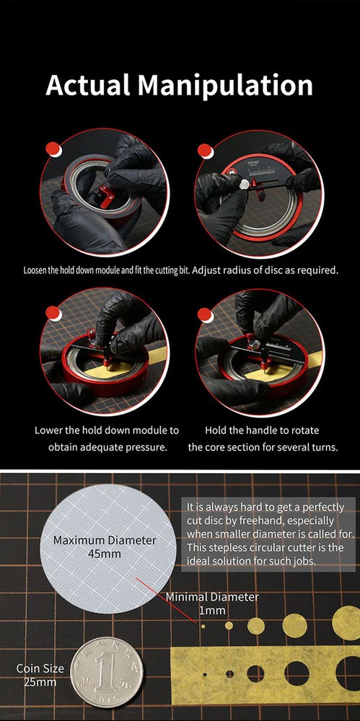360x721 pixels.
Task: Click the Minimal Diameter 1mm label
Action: (x=212, y=603)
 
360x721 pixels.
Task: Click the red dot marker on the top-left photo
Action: (x=51, y=149)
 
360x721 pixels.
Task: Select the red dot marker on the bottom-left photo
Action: (x=51, y=312)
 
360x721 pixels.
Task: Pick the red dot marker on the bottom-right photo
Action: (x=206, y=312)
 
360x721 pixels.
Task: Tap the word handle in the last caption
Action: (x=258, y=430)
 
